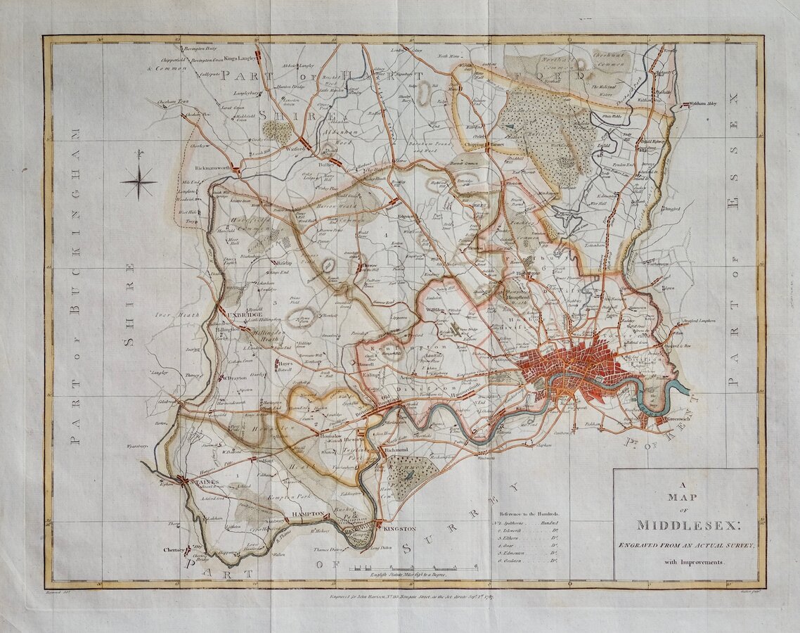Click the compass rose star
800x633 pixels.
139,183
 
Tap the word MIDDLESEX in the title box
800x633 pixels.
685,525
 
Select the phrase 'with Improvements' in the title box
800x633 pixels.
685,562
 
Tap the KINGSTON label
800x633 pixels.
401,528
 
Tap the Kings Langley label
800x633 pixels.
241,58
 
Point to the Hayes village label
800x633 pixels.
285,364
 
